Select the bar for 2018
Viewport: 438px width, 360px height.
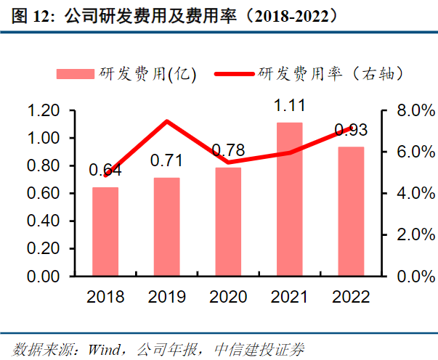[x=105, y=232]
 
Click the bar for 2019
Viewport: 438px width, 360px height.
[x=167, y=226]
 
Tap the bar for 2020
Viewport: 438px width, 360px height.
[x=228, y=221]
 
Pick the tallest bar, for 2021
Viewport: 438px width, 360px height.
[x=290, y=200]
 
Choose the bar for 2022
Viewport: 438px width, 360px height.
[x=352, y=211]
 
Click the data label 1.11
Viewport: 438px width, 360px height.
[x=290, y=107]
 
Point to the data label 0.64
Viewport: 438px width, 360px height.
[x=105, y=171]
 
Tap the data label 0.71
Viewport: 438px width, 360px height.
[x=167, y=161]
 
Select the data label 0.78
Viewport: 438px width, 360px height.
[x=228, y=151]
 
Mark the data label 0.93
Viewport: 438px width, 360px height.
[x=351, y=131]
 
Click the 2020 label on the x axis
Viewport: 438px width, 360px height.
[x=228, y=297]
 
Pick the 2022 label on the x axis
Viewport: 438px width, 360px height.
[x=352, y=297]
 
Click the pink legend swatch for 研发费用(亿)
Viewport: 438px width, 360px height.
[x=76, y=73]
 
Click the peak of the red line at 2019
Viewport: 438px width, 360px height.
[x=167, y=121]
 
